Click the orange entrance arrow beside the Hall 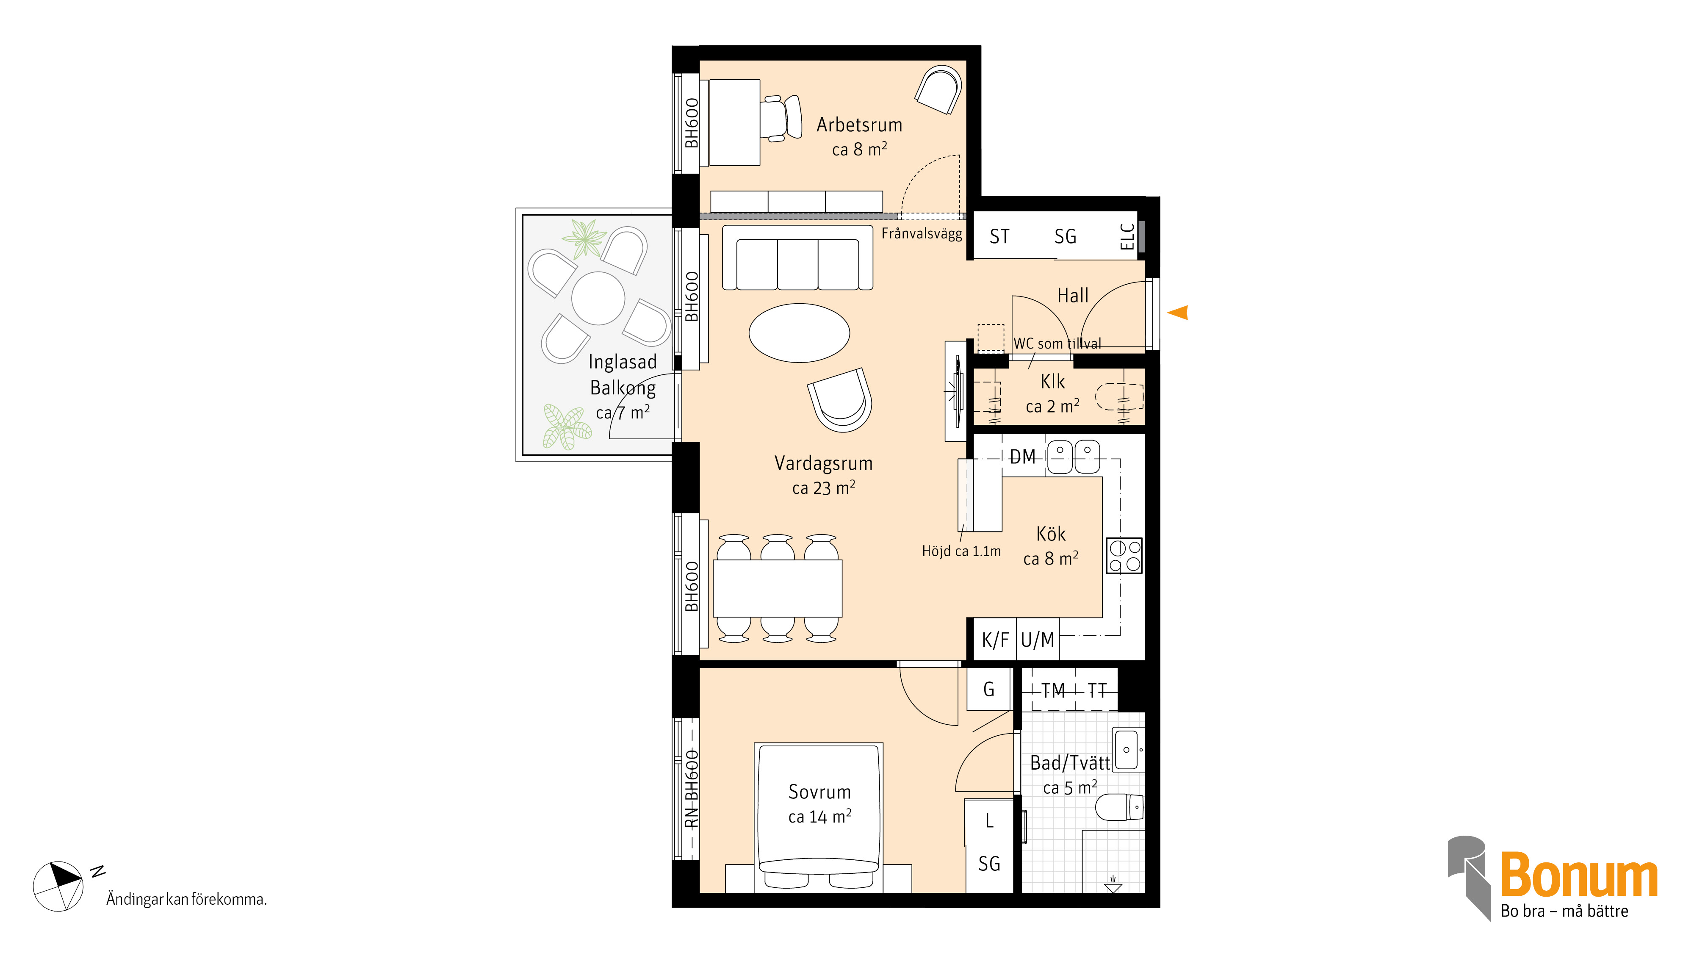click(1179, 313)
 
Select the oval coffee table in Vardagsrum click(799, 333)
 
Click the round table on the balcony click(598, 298)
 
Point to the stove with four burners click(1124, 556)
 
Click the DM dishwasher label click(1023, 457)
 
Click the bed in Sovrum click(819, 817)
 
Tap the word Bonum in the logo click(1579, 875)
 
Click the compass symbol click(58, 886)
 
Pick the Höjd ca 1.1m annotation click(961, 551)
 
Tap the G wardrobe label click(988, 689)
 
